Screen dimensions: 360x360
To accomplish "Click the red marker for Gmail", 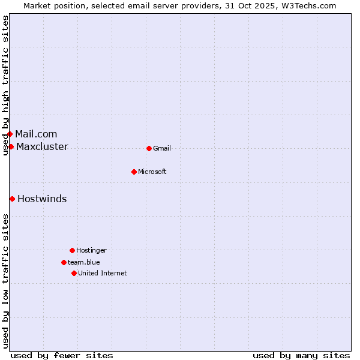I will click(149, 148).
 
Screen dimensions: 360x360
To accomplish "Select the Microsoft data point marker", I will click(134, 172).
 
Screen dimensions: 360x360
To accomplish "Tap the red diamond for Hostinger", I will click(72, 250).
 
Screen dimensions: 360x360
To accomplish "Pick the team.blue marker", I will click(64, 262).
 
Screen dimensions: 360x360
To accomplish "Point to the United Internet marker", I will click(74, 273).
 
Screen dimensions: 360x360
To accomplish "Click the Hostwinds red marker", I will click(12, 199).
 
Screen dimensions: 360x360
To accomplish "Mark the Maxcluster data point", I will click(11, 146).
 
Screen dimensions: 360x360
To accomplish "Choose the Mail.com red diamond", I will click(10, 134).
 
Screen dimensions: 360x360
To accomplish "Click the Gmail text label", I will click(162, 148).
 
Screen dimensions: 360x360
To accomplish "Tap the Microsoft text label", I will click(152, 172).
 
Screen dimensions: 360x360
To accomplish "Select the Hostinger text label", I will click(91, 250).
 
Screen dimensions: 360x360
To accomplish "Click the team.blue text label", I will click(84, 262).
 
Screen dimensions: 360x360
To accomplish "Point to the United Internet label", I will click(103, 273).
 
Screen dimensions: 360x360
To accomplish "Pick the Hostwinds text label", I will click(42, 199).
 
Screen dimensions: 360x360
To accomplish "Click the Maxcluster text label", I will click(42, 146).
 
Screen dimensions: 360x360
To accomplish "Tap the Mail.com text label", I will click(36, 134).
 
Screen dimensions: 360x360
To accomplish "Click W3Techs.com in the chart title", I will click(307, 5).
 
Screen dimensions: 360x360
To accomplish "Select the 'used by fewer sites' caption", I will click(62, 355).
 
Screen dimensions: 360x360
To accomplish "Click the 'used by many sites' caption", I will click(301, 355).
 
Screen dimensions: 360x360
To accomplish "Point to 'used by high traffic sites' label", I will click(5, 85).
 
